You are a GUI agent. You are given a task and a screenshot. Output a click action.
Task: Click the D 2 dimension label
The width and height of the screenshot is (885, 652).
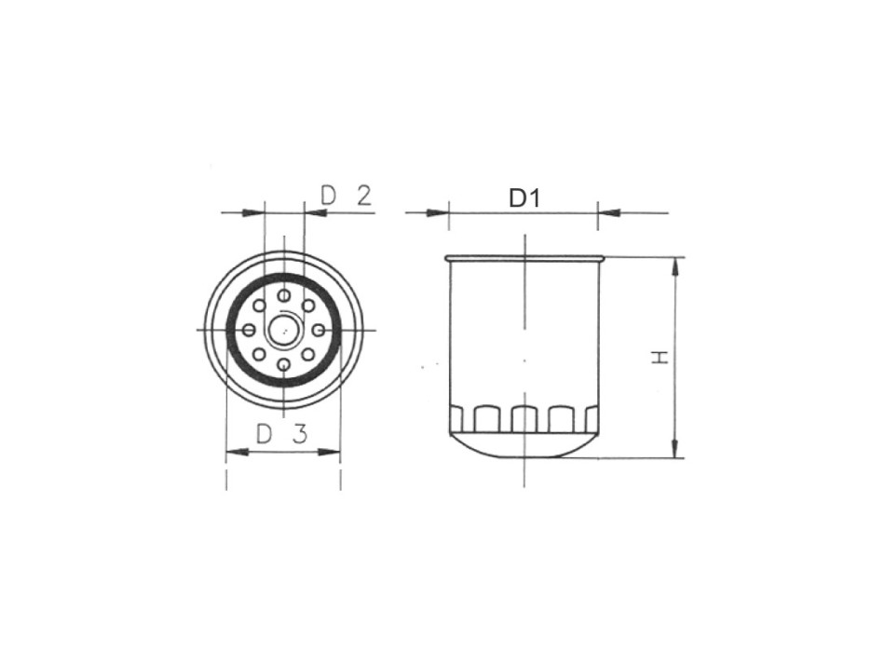coord(346,196)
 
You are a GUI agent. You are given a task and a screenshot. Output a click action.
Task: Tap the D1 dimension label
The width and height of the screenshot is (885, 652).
coord(524,197)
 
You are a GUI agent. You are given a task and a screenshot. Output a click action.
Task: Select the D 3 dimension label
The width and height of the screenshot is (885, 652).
coord(281,434)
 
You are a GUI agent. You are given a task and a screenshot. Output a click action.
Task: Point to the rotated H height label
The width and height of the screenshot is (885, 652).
coord(660,358)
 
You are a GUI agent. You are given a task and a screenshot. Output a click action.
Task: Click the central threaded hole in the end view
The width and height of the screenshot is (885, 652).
coord(283,330)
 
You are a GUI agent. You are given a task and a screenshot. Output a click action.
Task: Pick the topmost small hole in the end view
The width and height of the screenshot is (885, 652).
coord(283,295)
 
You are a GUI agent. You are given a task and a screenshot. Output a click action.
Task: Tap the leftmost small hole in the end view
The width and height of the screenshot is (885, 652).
coord(249,330)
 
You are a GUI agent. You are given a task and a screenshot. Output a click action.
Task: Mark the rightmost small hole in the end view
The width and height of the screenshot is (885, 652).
coord(318,330)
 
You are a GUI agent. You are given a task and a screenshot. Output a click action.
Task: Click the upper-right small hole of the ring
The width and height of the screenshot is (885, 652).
coord(307,306)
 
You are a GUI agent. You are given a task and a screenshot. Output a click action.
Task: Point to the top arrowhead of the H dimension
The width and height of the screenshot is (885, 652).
coord(676,266)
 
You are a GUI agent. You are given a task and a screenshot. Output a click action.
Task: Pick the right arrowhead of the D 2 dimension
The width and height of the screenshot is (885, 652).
coord(315,213)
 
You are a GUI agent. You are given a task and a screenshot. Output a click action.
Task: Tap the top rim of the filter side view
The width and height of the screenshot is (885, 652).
coord(524,258)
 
